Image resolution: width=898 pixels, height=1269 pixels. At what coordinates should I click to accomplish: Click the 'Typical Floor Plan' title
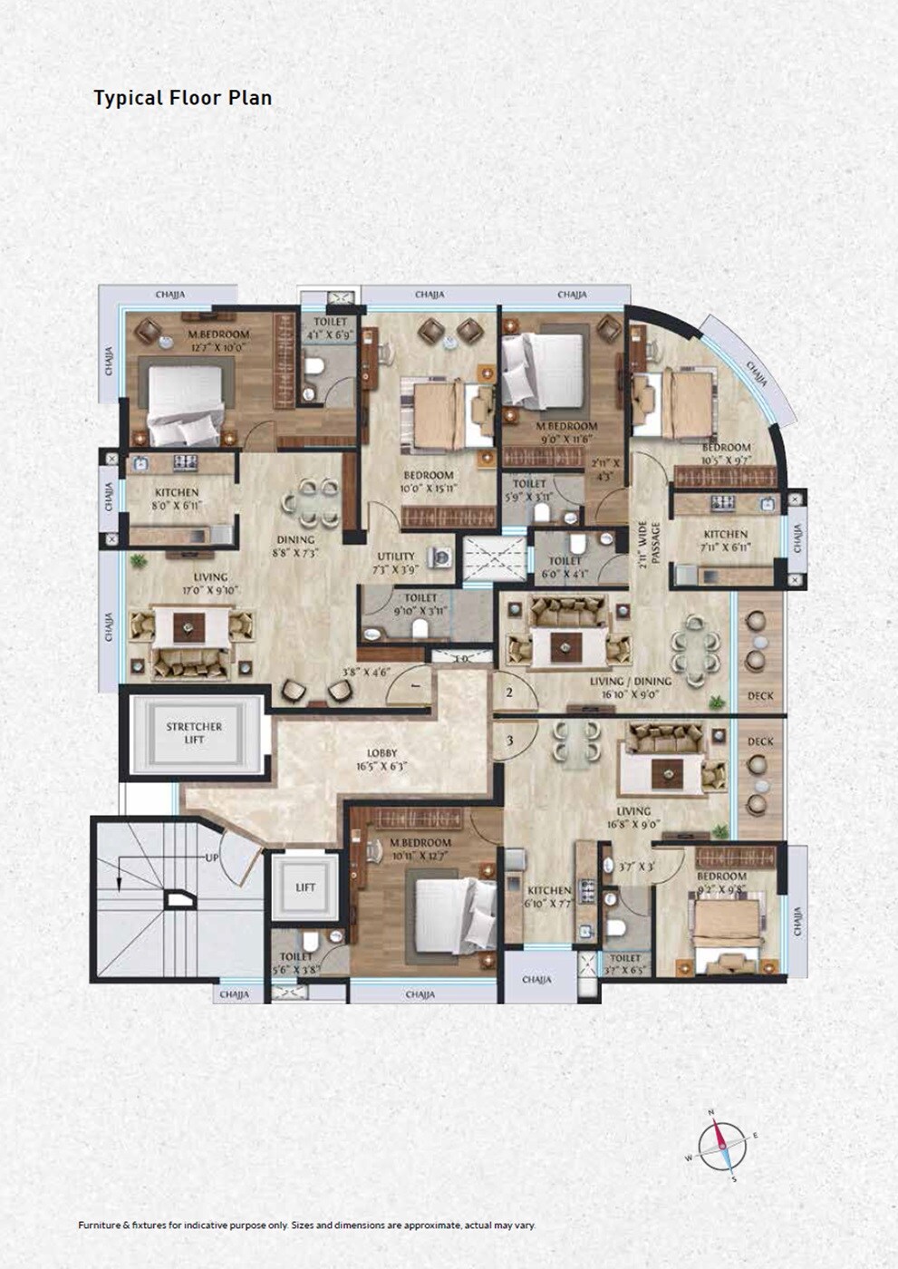182,98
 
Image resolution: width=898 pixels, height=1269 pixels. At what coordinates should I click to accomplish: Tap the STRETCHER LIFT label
194,732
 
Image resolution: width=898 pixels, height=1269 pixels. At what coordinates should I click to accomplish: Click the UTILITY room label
396,563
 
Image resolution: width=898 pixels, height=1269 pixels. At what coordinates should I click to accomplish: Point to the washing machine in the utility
442,558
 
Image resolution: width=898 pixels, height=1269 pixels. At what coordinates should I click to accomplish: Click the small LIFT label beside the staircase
305,887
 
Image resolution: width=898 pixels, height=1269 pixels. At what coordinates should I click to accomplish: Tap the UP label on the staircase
211,857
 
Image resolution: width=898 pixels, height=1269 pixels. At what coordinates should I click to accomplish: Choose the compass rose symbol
722,1146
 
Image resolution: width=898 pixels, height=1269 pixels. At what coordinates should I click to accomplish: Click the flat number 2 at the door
509,693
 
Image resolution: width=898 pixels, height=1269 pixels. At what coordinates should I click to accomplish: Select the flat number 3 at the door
509,741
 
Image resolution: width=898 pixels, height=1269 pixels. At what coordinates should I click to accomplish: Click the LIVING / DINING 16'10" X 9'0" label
631,687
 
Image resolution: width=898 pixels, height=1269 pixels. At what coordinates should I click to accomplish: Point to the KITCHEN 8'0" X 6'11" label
177,499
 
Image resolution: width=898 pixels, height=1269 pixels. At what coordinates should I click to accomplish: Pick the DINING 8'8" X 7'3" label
296,546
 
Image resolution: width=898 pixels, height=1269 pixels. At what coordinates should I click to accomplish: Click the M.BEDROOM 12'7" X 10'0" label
218,340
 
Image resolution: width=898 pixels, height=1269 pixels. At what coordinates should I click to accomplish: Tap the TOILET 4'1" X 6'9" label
330,328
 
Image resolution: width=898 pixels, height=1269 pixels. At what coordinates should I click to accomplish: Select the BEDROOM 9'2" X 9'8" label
721,883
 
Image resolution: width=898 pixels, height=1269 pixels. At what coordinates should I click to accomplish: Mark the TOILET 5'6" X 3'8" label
296,963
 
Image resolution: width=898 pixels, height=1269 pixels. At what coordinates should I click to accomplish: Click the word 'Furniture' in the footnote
99,1225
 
